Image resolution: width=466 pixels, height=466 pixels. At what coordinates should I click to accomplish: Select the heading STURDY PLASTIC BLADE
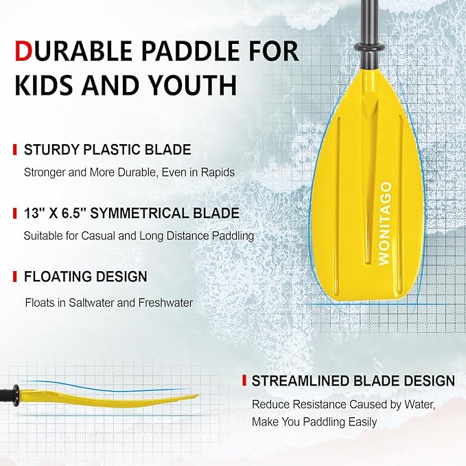pos(108,150)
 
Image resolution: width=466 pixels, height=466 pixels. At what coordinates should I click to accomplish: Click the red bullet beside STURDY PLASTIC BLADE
pos(15,150)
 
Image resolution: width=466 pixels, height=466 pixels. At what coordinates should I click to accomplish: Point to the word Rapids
pos(219,172)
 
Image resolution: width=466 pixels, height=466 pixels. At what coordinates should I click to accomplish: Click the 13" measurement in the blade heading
pos(35,213)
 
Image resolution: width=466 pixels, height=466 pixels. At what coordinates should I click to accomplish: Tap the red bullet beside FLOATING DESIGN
pos(15,277)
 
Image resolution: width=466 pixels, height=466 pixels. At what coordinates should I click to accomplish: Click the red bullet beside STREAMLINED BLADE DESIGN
pos(243,380)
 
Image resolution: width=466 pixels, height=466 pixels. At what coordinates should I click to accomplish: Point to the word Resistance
pos(317,404)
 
